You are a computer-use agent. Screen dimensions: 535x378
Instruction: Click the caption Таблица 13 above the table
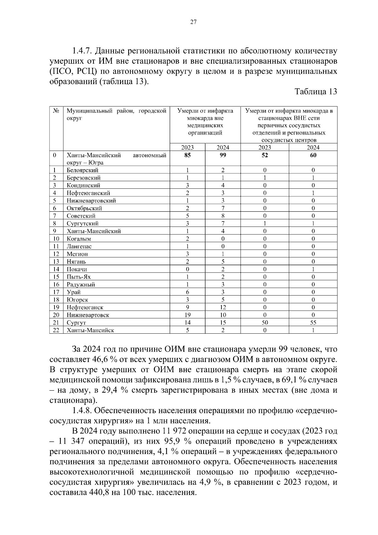pos(316,92)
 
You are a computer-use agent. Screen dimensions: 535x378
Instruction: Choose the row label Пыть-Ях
pos(79,277)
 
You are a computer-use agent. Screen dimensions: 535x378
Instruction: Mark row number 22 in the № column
pos(56,330)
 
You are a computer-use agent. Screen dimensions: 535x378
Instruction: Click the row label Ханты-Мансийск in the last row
pos(90,330)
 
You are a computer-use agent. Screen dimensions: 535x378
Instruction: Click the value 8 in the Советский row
pos(223,216)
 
